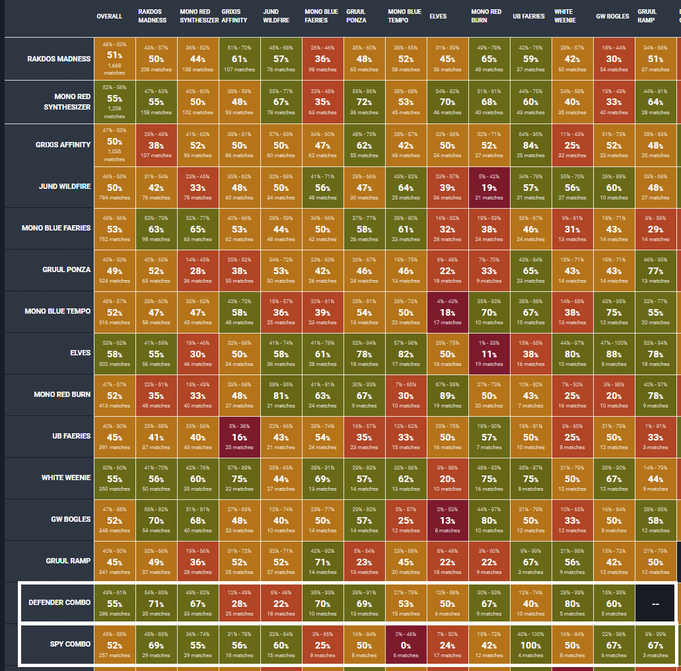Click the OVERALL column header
[x=109, y=17]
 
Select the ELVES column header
[x=437, y=17]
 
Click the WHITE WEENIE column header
[x=565, y=17]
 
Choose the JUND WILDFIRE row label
[x=65, y=186]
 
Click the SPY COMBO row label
[x=70, y=644]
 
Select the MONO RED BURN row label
[x=63, y=394]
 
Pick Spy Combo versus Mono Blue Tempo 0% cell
[x=406, y=645]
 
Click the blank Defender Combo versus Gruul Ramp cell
[x=655, y=603]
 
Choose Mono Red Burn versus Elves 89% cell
[x=447, y=395]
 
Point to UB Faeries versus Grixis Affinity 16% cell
[x=239, y=437]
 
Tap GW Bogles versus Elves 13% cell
[x=447, y=520]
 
